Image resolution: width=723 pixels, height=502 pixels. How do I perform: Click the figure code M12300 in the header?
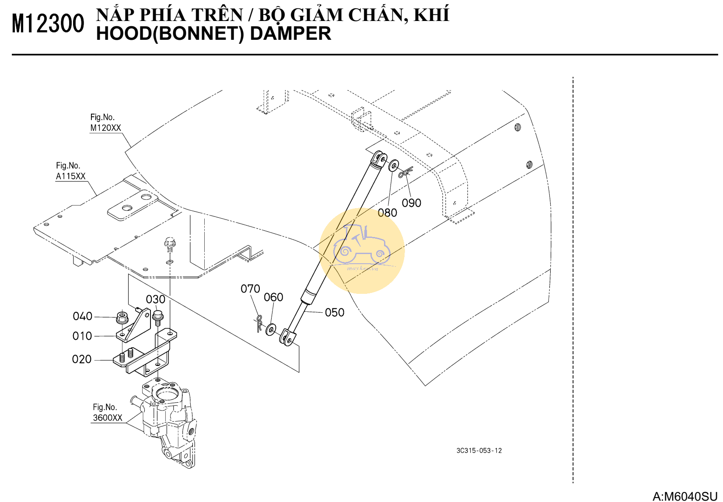[48, 24]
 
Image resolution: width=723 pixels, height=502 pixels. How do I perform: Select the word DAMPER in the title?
[290, 34]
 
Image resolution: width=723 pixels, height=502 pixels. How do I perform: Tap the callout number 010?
[82, 336]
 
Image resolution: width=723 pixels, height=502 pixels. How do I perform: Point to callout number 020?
[82, 359]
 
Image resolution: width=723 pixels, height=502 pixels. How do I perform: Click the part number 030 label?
[156, 300]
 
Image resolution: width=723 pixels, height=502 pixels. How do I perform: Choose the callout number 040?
[83, 316]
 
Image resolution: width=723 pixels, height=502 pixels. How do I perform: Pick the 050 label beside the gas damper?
[335, 313]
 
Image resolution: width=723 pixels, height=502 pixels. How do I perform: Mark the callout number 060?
[273, 297]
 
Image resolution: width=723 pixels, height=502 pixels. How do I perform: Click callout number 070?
[251, 289]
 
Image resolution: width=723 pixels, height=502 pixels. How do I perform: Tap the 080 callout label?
[388, 213]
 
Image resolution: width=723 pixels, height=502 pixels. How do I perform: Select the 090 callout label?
[412, 203]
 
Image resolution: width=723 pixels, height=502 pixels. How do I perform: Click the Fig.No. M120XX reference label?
[105, 122]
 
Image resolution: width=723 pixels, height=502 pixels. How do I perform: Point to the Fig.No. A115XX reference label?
[71, 171]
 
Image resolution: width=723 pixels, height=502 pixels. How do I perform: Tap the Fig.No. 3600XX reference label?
[108, 413]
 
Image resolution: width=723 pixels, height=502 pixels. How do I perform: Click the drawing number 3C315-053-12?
[479, 451]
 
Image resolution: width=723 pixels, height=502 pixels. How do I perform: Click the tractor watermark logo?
[361, 251]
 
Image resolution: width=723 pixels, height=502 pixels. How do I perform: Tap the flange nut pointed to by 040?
[122, 317]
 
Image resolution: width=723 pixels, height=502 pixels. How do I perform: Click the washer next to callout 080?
[394, 165]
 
